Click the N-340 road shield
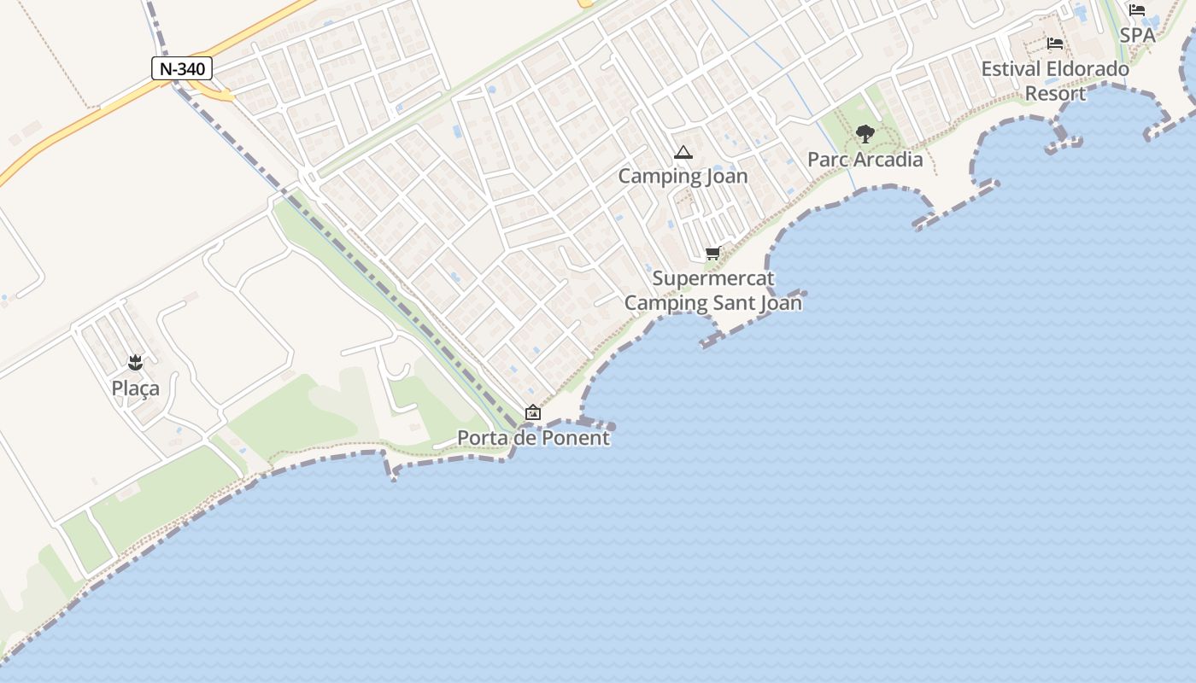182,68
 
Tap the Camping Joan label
683,177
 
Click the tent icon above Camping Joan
683,153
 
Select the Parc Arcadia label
865,160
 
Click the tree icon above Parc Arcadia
865,134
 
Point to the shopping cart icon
712,253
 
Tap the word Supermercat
713,278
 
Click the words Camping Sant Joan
713,303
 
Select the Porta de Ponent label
533,438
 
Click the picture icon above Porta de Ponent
533,413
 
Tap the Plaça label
135,388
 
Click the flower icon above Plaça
135,363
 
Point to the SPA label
1137,35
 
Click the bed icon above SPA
1137,10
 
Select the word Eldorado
1087,69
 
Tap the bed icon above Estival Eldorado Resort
1055,44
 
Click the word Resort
1055,93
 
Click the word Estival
1010,69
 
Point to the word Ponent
577,438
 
